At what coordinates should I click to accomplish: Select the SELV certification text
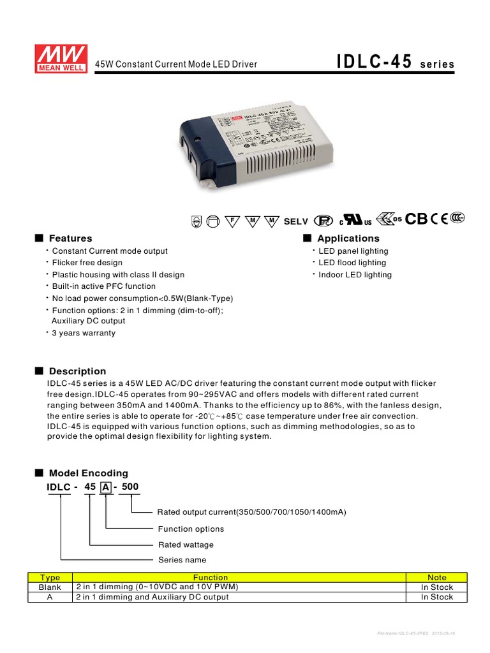tap(295, 221)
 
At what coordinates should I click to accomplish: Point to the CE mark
tap(439, 219)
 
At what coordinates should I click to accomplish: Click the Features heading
tap(70, 238)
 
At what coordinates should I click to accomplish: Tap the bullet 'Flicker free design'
tap(87, 263)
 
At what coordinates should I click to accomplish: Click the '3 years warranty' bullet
tap(84, 333)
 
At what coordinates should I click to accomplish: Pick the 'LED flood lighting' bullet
tap(352, 263)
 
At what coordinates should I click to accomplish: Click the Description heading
tap(77, 371)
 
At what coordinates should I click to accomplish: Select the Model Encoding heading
tap(88, 473)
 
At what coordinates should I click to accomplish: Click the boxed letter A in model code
tap(106, 488)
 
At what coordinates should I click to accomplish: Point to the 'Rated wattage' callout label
tap(186, 545)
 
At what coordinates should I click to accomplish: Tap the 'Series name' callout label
tap(182, 560)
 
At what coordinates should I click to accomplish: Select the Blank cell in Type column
tap(50, 587)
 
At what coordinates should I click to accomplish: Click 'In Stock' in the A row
tap(437, 598)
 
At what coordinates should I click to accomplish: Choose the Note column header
tap(437, 578)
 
